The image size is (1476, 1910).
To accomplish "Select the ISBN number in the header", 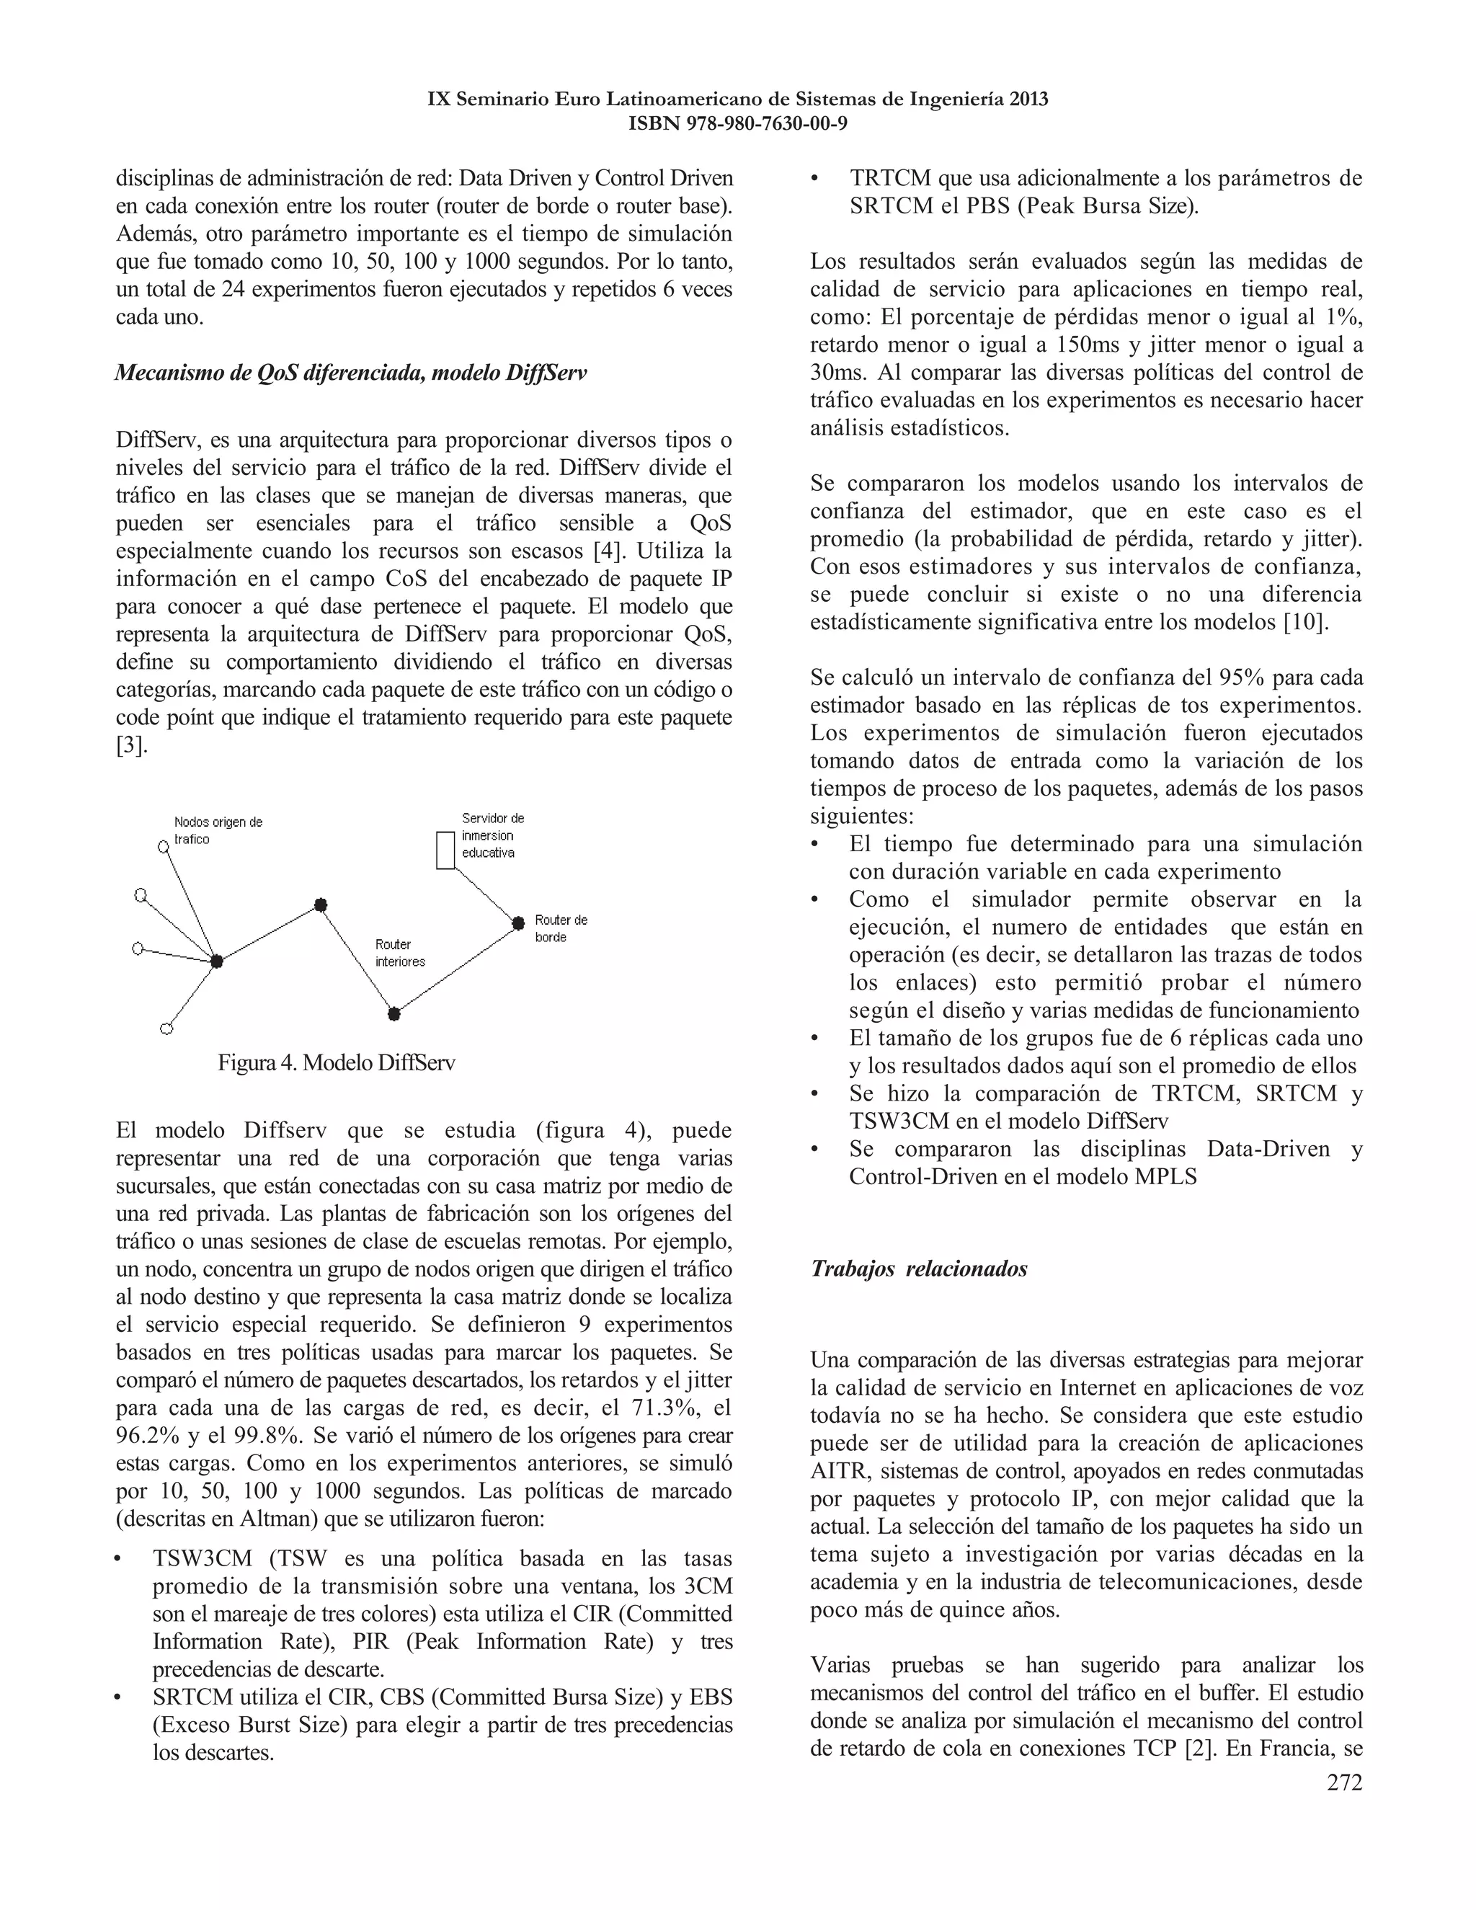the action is click(x=737, y=124).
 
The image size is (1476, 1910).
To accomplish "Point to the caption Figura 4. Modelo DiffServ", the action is click(x=336, y=1063).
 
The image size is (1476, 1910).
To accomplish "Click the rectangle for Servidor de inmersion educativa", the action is click(x=446, y=850).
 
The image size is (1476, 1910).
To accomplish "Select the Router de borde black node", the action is click(x=517, y=923).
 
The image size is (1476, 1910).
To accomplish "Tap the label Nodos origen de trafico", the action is click(x=218, y=831).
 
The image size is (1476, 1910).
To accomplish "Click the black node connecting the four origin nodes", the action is click(x=217, y=961).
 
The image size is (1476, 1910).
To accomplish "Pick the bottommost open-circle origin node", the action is click(x=167, y=1029).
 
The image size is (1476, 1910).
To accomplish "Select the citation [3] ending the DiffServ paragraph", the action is click(x=131, y=746).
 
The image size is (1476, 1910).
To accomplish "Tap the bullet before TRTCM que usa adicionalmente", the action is click(x=815, y=179).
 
